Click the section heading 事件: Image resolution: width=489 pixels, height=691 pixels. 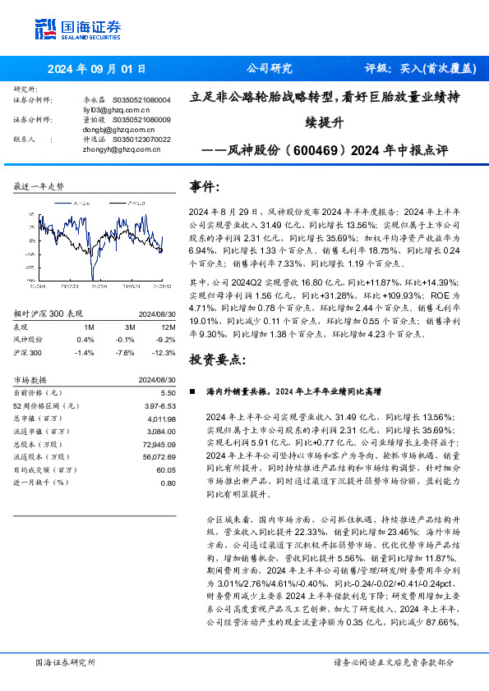pos(205,188)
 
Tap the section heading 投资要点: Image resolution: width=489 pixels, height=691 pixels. pos(217,359)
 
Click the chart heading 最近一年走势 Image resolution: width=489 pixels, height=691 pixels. pos(39,187)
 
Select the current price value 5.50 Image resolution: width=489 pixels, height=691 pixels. pos(168,394)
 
